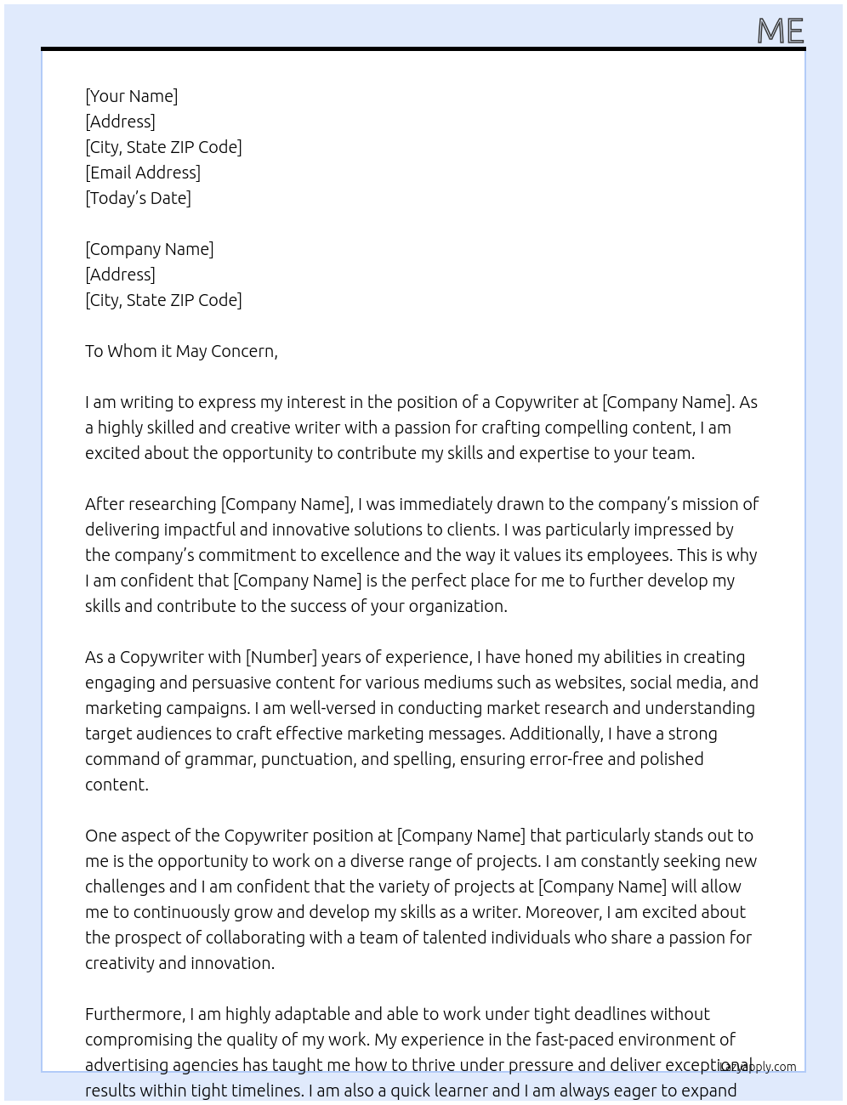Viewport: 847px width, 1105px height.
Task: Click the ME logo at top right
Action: click(x=780, y=31)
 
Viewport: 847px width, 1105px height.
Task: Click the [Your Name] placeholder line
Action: click(x=131, y=96)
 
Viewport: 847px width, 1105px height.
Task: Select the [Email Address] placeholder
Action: click(x=143, y=173)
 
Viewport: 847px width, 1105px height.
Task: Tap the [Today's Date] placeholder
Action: click(x=138, y=198)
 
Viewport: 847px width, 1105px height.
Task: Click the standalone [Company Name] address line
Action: click(x=149, y=249)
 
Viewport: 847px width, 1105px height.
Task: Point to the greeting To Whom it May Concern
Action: click(x=181, y=351)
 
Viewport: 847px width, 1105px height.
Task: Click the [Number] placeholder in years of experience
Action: click(x=281, y=657)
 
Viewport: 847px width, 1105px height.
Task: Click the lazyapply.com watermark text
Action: click(x=758, y=1067)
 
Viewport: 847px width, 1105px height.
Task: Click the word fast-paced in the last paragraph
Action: click(x=574, y=1040)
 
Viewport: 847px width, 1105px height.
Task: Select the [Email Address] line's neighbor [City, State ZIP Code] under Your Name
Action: click(x=163, y=147)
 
